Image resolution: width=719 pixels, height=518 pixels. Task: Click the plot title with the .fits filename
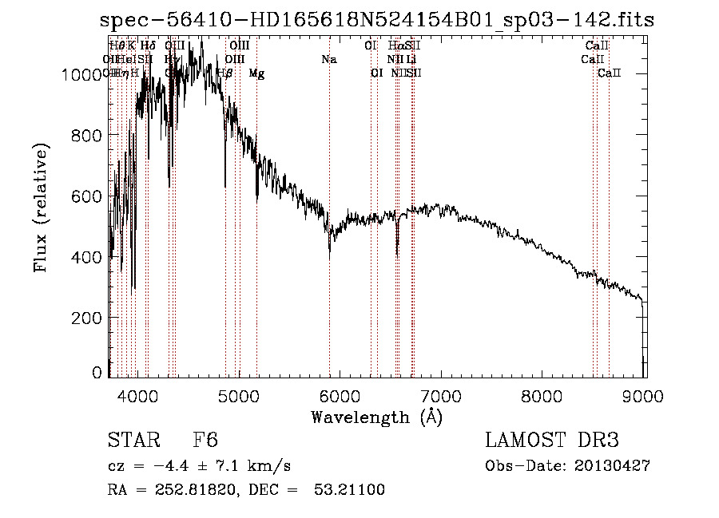click(x=377, y=20)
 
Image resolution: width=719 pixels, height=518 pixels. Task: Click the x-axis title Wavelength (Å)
click(x=377, y=417)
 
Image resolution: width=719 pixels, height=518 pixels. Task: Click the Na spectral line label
click(x=328, y=59)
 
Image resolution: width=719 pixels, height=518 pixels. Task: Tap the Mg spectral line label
click(x=256, y=73)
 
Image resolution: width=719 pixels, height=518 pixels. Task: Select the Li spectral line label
click(x=411, y=59)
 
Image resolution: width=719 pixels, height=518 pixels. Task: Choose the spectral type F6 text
click(x=205, y=441)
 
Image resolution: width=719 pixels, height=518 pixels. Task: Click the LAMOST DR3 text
click(x=552, y=441)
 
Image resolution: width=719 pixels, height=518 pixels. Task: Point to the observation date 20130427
click(x=612, y=466)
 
